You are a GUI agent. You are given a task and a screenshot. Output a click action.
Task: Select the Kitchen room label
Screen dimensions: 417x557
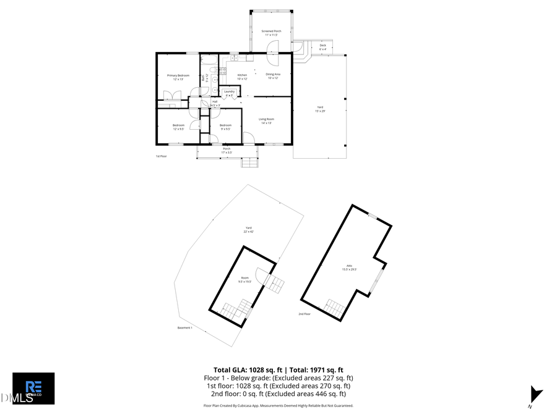(x=242, y=75)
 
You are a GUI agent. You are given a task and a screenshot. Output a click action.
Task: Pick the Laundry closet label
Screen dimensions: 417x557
(x=229, y=91)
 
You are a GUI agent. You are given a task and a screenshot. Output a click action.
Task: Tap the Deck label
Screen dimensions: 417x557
(x=322, y=46)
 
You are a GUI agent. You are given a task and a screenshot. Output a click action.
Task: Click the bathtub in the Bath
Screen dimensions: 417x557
(x=209, y=60)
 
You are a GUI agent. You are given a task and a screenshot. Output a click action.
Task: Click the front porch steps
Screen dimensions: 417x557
(x=249, y=162)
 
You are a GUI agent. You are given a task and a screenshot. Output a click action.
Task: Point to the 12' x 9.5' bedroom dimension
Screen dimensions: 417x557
(x=178, y=129)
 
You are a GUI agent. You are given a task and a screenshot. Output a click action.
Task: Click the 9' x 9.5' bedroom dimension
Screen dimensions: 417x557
(x=225, y=129)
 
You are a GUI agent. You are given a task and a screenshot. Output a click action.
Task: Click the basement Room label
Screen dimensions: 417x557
(x=245, y=278)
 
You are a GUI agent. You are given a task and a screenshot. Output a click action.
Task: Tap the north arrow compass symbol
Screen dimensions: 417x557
(x=536, y=395)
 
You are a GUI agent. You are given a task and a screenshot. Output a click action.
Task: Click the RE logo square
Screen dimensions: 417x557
(x=33, y=388)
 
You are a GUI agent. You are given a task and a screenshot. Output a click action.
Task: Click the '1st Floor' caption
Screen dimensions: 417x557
(x=162, y=156)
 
